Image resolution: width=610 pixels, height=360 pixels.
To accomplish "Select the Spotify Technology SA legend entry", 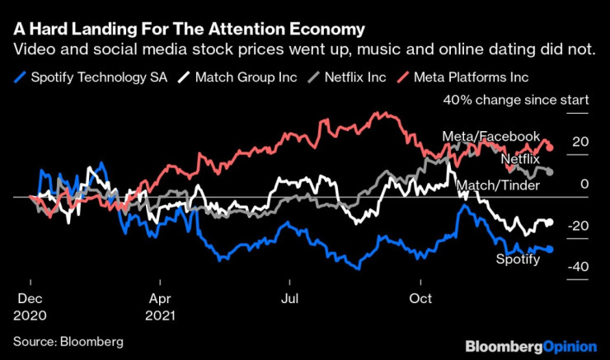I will point(93,77).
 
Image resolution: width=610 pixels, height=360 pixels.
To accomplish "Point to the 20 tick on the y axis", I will point(580,142).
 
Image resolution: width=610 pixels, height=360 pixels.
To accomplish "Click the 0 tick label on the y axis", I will point(584,184).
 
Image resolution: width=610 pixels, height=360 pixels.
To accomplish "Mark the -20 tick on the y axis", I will point(578,226).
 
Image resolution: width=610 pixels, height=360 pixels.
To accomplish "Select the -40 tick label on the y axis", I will point(578,267).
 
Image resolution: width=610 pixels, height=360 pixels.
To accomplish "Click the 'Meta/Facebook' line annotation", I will point(490,136).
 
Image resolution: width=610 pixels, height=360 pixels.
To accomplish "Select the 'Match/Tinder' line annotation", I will point(498,186).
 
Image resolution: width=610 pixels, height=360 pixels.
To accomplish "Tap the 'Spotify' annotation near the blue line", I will point(518,260).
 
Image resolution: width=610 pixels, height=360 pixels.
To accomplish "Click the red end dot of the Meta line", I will point(550,148).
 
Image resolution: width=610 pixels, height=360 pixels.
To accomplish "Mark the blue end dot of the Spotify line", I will point(550,249).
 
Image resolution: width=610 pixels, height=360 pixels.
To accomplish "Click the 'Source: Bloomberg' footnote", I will point(68,340).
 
